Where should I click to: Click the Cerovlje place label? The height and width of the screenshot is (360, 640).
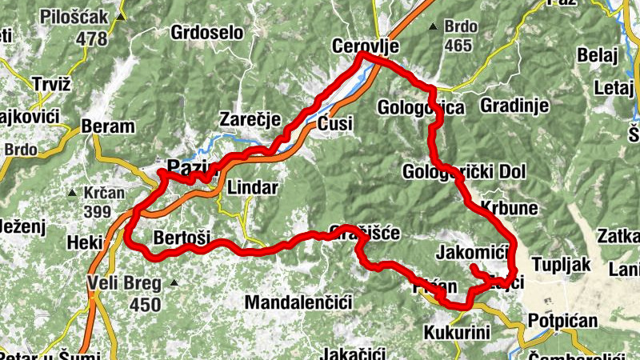tap(364, 48)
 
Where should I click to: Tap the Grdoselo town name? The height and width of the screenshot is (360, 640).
tap(206, 33)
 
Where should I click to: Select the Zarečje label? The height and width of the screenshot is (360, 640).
tap(250, 120)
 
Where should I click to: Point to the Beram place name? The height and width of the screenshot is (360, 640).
tap(108, 126)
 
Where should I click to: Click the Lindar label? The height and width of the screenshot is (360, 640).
tap(253, 187)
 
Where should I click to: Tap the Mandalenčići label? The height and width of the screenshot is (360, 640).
tap(298, 302)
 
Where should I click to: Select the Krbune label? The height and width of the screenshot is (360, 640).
tap(510, 207)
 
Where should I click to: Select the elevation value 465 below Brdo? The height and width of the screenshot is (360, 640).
tap(458, 45)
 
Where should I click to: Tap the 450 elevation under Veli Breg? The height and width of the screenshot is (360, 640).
tap(145, 304)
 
